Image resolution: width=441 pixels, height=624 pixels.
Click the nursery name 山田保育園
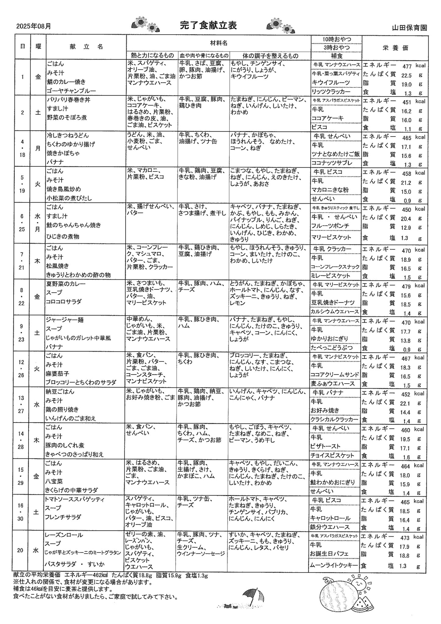point(409,28)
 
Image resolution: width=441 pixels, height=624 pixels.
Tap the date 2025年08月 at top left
point(34,27)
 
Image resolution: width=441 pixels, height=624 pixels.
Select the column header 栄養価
point(395,48)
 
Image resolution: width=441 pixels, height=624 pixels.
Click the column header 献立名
point(86,46)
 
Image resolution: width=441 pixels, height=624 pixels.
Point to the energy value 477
point(407,66)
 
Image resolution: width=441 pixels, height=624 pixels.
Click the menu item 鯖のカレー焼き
point(66,82)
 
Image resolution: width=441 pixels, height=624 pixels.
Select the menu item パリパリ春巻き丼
point(69,100)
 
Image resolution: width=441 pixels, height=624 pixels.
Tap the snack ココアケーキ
point(327,118)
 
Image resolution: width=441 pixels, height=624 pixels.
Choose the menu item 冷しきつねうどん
point(68,135)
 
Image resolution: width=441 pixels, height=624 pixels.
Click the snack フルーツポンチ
point(330,226)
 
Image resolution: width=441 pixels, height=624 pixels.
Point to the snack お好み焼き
point(325,410)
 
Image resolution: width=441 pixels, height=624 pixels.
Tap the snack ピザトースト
point(326,446)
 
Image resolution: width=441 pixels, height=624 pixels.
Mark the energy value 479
point(407,286)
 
